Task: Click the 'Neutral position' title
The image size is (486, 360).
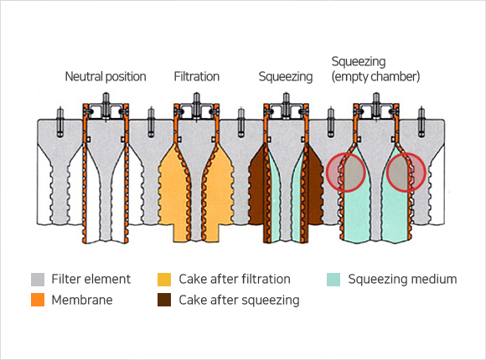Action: (106, 77)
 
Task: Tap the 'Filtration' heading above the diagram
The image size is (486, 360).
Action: (197, 76)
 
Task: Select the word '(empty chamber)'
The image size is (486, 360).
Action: (375, 76)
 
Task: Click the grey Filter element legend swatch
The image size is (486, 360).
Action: (38, 280)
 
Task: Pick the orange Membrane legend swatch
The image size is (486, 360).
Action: (38, 300)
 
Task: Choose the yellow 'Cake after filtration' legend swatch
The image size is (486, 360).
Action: (164, 280)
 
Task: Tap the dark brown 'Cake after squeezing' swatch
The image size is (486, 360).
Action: (164, 300)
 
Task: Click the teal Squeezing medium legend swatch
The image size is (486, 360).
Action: (333, 280)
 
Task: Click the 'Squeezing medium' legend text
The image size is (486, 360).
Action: (402, 280)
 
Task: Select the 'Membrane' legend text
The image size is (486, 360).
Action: (82, 300)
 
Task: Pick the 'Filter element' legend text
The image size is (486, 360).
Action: (90, 280)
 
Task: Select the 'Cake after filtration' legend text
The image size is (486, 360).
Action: (235, 280)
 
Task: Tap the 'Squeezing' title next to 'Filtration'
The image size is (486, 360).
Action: (286, 77)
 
